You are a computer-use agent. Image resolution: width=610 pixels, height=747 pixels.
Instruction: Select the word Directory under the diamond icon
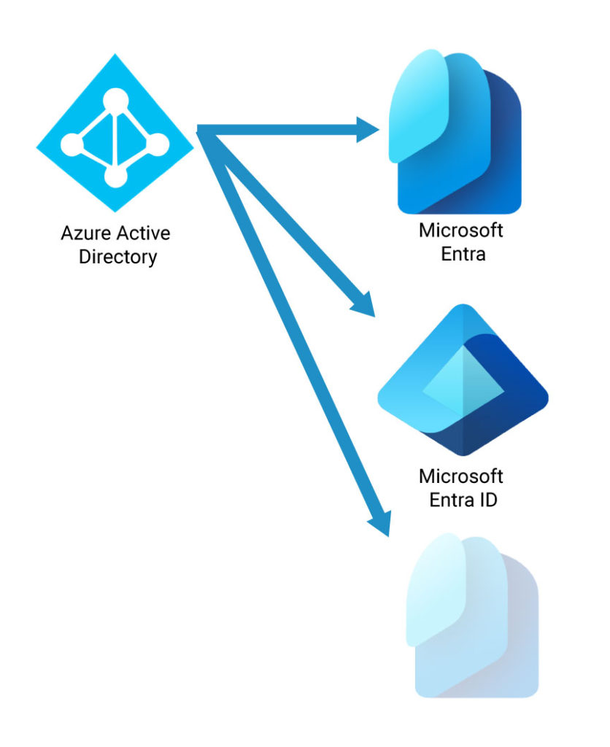[x=117, y=257]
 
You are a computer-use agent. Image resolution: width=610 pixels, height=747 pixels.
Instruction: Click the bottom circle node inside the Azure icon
[x=115, y=176]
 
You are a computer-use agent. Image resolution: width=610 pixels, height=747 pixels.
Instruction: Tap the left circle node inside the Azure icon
[x=71, y=144]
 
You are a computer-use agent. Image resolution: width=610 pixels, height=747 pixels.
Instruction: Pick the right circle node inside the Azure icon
[x=158, y=144]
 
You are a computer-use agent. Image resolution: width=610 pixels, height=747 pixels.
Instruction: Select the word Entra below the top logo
[x=460, y=255]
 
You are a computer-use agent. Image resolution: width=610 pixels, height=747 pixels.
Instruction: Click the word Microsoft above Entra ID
[x=460, y=477]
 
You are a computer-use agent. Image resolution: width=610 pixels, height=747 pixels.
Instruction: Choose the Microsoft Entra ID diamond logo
[x=463, y=379]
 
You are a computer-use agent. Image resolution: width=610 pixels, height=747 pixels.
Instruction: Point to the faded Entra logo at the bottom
[x=471, y=616]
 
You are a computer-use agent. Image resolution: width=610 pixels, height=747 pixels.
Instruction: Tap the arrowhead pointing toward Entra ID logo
[x=363, y=303]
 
